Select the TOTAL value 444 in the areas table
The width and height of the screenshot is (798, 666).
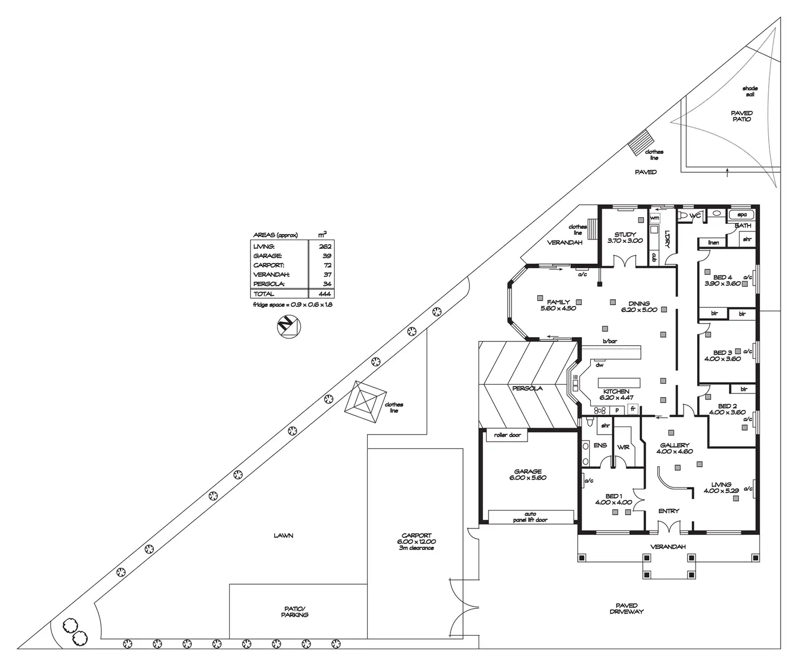tap(325, 294)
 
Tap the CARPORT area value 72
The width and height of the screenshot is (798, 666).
tap(327, 265)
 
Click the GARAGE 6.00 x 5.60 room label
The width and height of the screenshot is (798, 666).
tap(527, 475)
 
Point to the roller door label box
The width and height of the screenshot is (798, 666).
tap(507, 435)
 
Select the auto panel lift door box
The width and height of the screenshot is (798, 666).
tap(530, 517)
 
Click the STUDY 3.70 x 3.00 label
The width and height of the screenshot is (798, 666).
tap(625, 238)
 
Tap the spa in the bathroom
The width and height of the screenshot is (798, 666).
tap(742, 215)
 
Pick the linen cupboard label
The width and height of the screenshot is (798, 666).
tap(713, 242)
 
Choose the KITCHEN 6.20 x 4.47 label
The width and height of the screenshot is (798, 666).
tap(616, 395)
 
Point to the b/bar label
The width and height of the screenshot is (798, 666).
tap(610, 341)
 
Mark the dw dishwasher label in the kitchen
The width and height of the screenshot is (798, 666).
tap(599, 365)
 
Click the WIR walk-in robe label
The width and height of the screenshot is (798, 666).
tap(623, 447)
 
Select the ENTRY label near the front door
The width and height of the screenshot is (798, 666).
tap(668, 511)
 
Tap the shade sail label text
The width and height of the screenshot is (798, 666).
tap(750, 91)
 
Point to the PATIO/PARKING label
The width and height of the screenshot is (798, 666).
tap(295, 612)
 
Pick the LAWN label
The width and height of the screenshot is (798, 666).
tap(283, 536)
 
